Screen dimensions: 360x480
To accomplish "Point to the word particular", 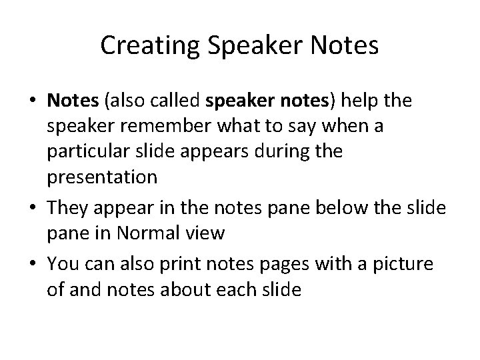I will pos(98,151).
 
